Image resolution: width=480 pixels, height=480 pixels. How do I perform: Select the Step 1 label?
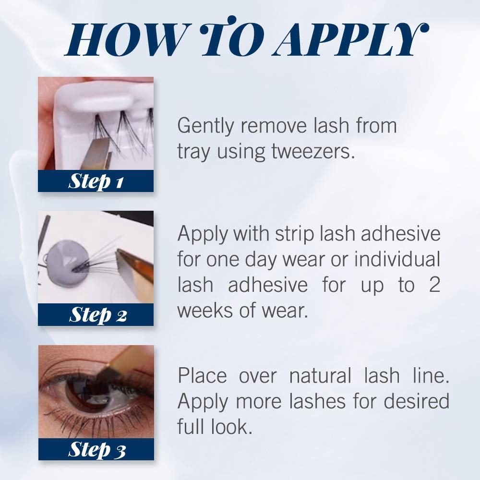click(x=96, y=181)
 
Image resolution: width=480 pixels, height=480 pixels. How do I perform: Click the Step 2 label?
click(x=97, y=315)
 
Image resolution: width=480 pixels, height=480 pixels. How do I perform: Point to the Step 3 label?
click(x=97, y=449)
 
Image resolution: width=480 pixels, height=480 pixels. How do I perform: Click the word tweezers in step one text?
click(x=313, y=152)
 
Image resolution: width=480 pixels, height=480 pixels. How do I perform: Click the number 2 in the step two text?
click(x=434, y=285)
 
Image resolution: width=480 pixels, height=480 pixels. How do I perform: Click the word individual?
click(x=397, y=259)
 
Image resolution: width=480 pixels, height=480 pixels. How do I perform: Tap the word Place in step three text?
click(x=203, y=375)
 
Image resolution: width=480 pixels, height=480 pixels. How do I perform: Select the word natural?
click(x=320, y=375)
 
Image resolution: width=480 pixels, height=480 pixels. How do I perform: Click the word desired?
click(x=416, y=401)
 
